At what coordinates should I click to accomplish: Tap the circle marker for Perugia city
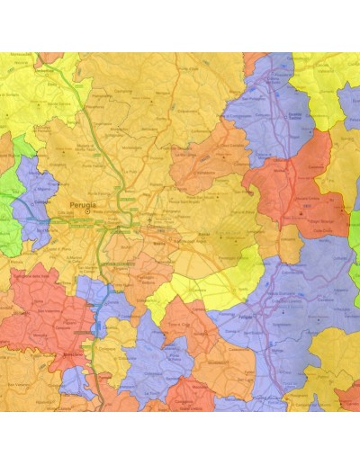tap(87, 201)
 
